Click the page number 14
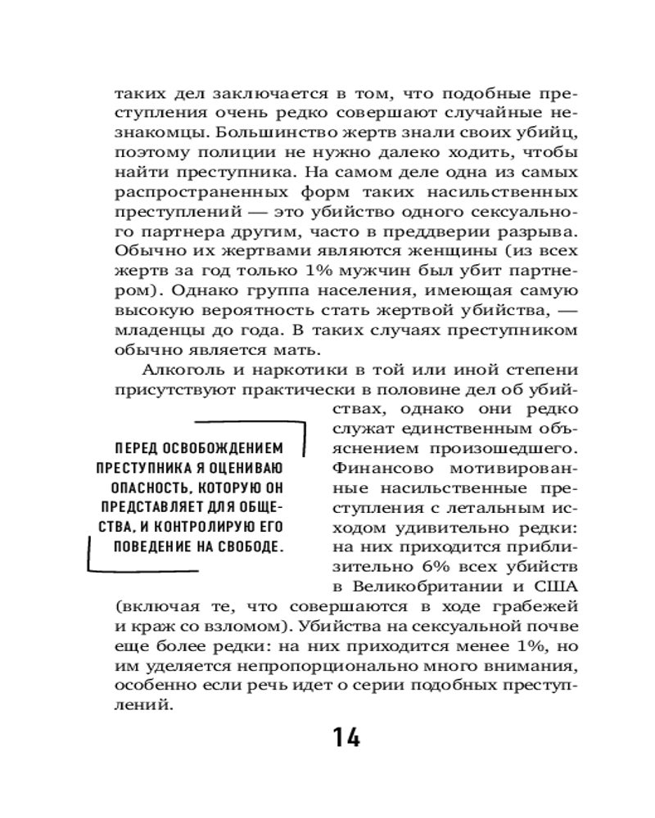[346, 737]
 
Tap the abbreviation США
[556, 587]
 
